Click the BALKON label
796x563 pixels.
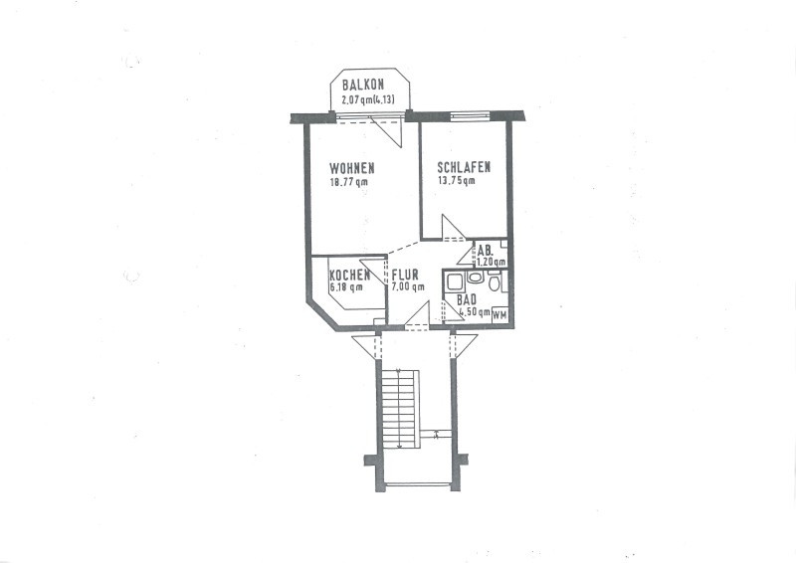pos(363,85)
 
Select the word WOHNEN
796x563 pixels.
pos(352,167)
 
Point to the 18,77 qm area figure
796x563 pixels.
pos(349,182)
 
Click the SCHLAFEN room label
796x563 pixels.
pos(464,167)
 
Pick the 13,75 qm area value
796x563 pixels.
pos(457,181)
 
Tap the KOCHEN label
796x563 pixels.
pos(350,276)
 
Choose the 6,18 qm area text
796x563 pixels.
pos(346,287)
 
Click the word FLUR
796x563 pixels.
pos(405,276)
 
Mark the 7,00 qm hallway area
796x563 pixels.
pos(408,287)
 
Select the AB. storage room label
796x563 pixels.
pos(485,251)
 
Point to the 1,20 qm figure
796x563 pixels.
pos(491,262)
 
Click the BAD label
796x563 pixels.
pos(467,300)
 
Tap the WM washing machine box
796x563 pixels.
pos(500,315)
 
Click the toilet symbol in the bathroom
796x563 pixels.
pos(494,281)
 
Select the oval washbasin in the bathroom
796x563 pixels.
pos(475,278)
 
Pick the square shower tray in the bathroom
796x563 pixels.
pos(454,281)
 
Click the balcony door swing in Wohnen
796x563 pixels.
pos(387,130)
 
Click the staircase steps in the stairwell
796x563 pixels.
pos(401,409)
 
